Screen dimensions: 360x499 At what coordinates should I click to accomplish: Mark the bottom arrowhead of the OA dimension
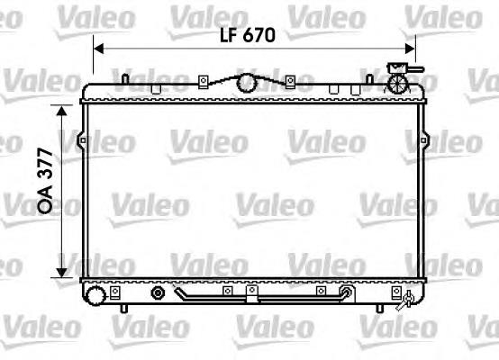(62, 272)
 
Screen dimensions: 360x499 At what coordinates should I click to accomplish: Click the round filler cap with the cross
(396, 83)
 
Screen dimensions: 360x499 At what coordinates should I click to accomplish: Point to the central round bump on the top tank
(246, 84)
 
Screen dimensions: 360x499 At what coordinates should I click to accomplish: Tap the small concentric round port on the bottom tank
(159, 292)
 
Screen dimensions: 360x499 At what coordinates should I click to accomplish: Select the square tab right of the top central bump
(288, 82)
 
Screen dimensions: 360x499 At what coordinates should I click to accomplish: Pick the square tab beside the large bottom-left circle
(117, 292)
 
